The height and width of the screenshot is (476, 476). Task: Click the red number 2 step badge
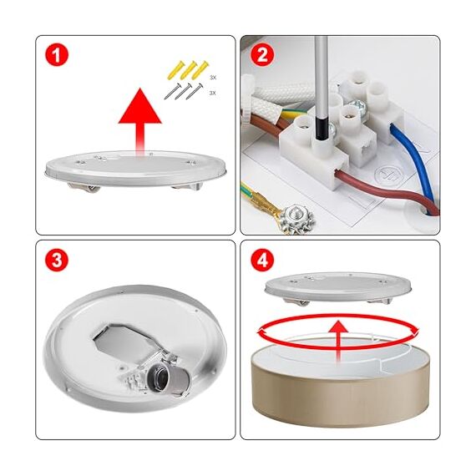click(x=262, y=57)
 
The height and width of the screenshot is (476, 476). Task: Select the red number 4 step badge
click(x=262, y=261)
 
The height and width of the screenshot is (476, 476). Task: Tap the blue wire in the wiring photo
click(x=408, y=168)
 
